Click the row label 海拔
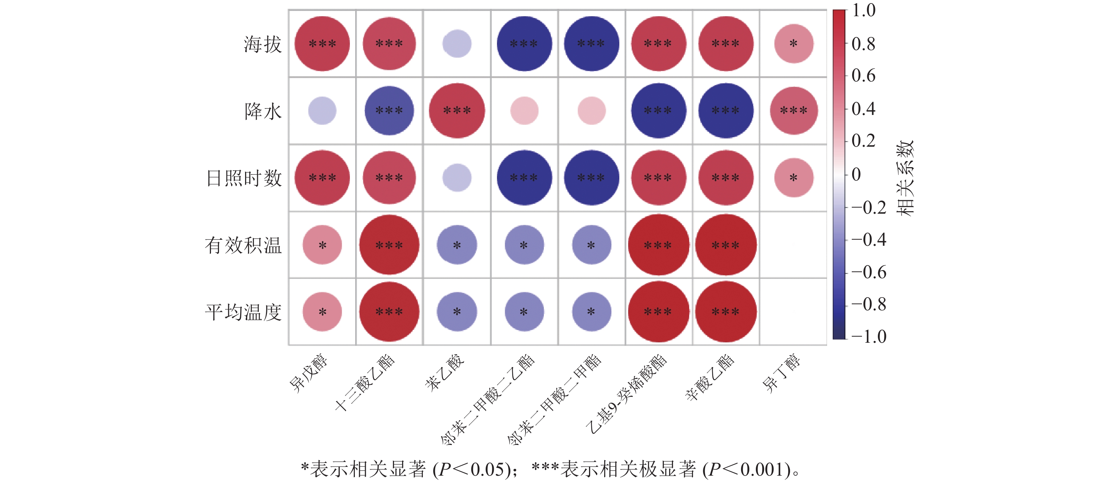point(262,44)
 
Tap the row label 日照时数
point(244,178)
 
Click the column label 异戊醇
point(308,373)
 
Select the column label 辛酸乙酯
point(710,377)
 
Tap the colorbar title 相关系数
point(905,178)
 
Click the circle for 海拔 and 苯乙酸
point(457,43)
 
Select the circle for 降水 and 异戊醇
point(322,111)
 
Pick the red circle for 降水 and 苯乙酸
point(457,111)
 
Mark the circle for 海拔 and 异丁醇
point(794,43)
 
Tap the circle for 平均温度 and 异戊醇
point(322,312)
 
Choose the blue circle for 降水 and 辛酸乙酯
point(726,111)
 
